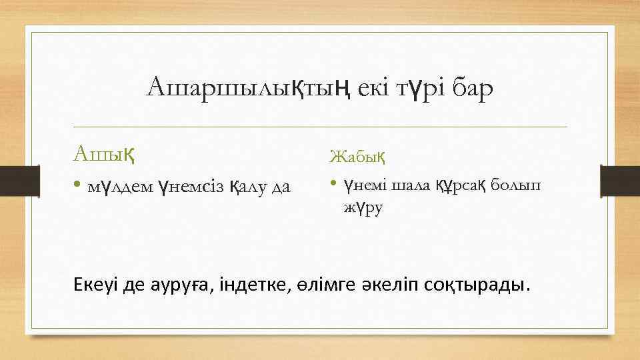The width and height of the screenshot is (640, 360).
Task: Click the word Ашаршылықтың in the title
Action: tap(241, 88)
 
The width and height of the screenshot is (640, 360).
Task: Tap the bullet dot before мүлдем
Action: tap(79, 186)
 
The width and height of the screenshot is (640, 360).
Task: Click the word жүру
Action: tap(363, 208)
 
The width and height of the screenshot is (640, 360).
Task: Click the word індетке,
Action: tap(259, 285)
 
